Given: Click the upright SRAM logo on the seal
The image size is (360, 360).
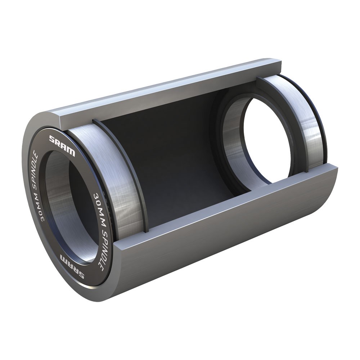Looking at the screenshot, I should pos(62,145).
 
